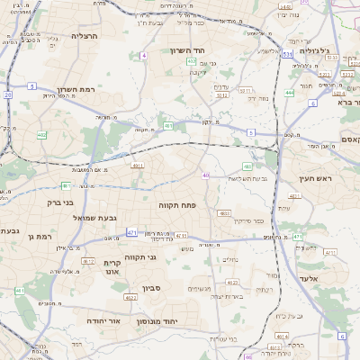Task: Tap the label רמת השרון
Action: (x=76, y=90)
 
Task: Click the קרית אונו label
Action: (x=112, y=266)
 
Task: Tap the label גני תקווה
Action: (x=139, y=256)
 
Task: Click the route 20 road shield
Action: (x=7, y=94)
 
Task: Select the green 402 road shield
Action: (x=41, y=135)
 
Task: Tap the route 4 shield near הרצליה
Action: (x=144, y=56)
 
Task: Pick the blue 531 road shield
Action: (x=286, y=55)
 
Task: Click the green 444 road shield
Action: (x=290, y=93)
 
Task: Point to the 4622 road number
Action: (x=131, y=297)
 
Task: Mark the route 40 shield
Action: (x=206, y=175)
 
